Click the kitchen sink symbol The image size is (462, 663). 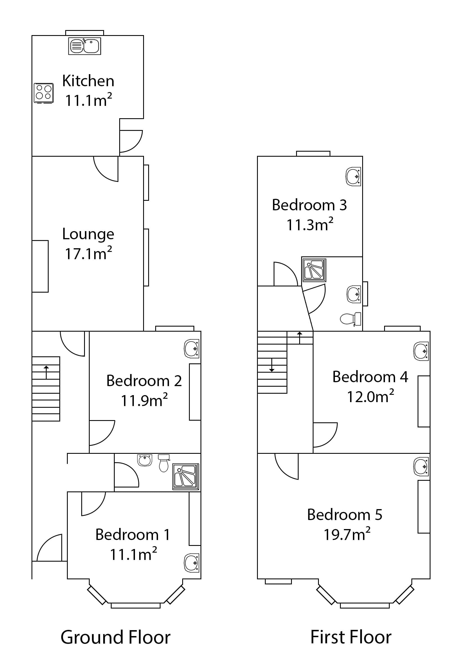(x=84, y=46)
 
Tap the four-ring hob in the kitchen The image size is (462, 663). (x=44, y=93)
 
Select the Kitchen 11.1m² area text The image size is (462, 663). (x=88, y=101)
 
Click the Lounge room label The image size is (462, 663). (x=88, y=234)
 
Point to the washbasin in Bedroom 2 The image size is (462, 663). (x=191, y=349)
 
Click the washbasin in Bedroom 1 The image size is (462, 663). (x=191, y=563)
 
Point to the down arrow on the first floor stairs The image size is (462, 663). (x=272, y=365)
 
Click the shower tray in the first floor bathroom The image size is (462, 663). (x=314, y=270)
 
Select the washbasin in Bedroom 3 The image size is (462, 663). (x=353, y=176)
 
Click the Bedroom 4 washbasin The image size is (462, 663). (x=421, y=351)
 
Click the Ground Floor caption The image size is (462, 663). (x=115, y=637)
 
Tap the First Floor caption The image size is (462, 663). (x=351, y=637)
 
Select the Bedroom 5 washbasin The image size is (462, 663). (x=421, y=466)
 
